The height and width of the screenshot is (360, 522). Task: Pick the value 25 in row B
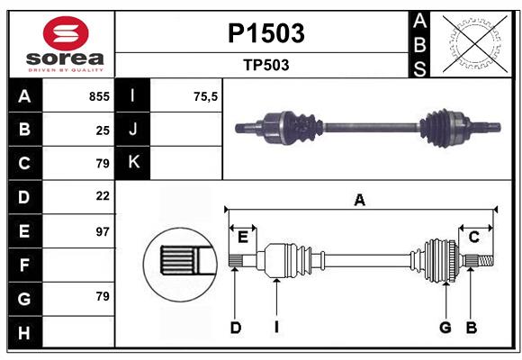[x=103, y=130]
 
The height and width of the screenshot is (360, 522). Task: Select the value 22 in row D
[x=103, y=195]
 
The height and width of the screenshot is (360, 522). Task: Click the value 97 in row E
[x=103, y=231]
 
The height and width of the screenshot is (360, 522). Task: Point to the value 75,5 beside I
[x=206, y=96]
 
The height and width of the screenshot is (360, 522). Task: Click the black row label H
[x=24, y=332]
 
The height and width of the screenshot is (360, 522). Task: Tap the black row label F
[x=24, y=265]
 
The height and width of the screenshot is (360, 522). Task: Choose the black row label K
[x=134, y=163]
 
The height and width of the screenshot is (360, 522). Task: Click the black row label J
[x=134, y=130]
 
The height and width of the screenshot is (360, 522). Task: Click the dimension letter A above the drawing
[x=360, y=201]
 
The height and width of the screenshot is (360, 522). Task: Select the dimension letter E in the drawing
[x=243, y=237]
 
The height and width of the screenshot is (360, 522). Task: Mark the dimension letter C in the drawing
[x=473, y=237]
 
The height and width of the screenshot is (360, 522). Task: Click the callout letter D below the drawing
[x=235, y=328]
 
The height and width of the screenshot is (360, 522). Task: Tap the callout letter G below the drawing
[x=445, y=328]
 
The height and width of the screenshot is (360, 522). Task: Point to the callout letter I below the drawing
[x=276, y=328]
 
